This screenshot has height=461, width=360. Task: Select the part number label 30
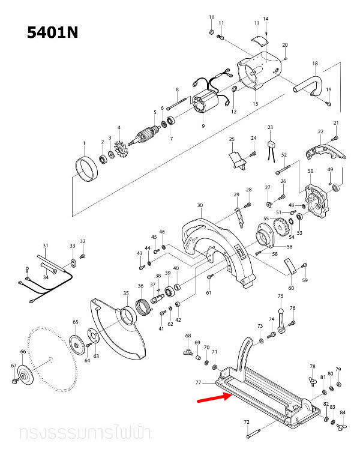(199, 205)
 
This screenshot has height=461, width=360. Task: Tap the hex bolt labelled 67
(14, 380)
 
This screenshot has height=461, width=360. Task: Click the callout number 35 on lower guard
(126, 293)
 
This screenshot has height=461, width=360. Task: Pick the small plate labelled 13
(260, 40)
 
